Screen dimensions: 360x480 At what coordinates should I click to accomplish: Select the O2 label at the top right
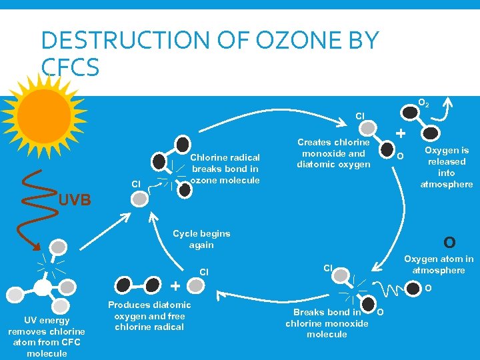[x=423, y=104]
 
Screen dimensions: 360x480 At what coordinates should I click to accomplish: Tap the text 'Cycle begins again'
[x=201, y=239]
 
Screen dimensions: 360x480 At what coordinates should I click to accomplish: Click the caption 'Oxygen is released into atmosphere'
[x=447, y=167]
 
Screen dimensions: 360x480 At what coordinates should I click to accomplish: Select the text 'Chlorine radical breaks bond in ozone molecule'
[x=225, y=169]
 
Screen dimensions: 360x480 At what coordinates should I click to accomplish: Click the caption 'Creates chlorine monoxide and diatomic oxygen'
[x=333, y=153]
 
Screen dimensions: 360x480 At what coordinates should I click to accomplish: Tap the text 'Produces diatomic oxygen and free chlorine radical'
[x=149, y=315]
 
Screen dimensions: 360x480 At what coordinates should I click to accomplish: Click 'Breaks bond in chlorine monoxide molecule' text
[x=327, y=323]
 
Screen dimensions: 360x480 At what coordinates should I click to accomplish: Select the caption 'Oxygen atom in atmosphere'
[x=439, y=264]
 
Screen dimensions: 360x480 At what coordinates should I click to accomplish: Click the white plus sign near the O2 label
[x=400, y=134]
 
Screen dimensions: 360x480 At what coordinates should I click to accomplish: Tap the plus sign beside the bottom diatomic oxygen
[x=175, y=286]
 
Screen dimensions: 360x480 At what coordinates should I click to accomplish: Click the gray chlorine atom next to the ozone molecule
[x=139, y=199]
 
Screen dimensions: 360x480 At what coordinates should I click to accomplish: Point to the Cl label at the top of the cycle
[x=360, y=116]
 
